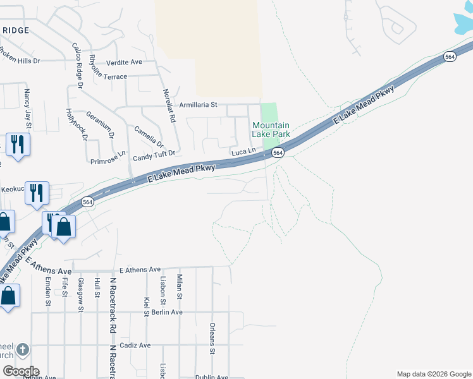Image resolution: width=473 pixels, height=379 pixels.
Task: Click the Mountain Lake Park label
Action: tap(271, 130)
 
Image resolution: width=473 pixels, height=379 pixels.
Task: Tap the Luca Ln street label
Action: tap(243, 152)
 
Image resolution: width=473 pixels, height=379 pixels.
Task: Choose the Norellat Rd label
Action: tap(169, 104)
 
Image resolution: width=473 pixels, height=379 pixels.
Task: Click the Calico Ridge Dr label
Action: tap(78, 66)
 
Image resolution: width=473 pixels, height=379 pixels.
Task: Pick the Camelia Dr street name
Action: tap(148, 136)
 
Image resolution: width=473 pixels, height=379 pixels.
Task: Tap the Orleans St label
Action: tap(212, 339)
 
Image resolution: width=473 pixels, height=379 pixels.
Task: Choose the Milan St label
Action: tap(180, 287)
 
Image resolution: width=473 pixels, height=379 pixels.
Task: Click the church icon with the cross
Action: tap(22, 349)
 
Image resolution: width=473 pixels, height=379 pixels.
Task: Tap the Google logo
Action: tap(20, 371)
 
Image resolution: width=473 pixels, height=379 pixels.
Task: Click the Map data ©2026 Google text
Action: tap(433, 374)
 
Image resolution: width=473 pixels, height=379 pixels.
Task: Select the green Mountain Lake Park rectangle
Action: tap(269, 112)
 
